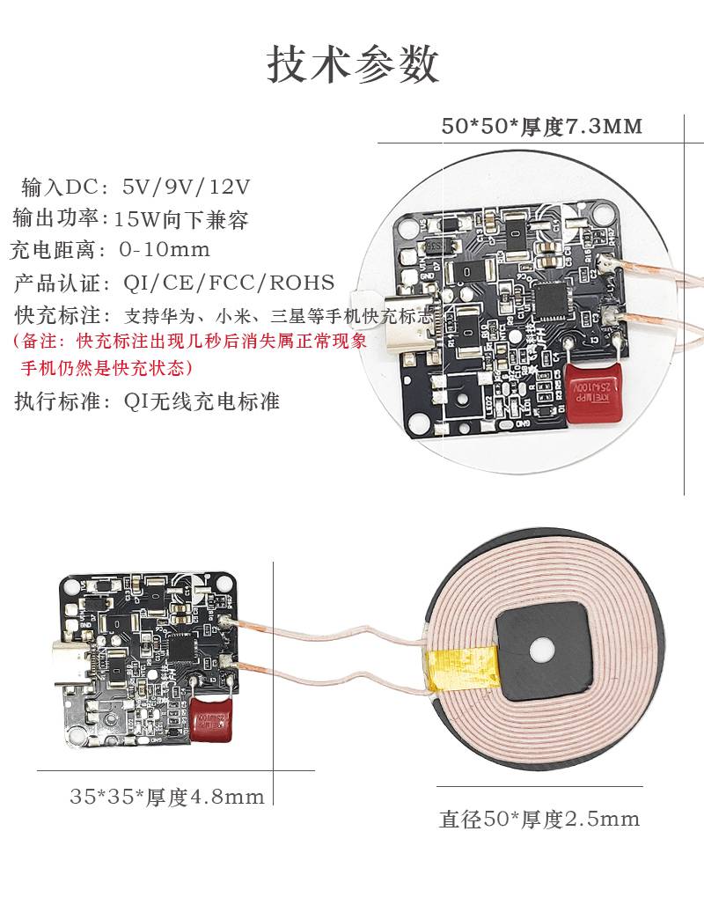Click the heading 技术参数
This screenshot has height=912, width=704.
pyautogui.click(x=352, y=65)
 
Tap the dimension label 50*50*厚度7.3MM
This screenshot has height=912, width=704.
pyautogui.click(x=542, y=127)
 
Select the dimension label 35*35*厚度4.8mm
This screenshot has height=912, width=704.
pyautogui.click(x=167, y=798)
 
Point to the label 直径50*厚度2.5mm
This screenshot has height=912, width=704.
pyautogui.click(x=539, y=820)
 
